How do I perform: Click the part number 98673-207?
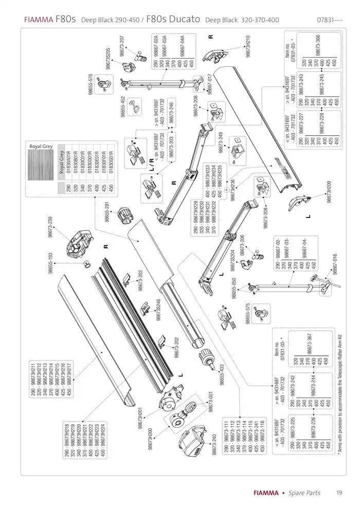tap(122, 46)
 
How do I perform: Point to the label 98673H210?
tap(249, 46)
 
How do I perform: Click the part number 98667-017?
tap(209, 84)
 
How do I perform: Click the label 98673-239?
tap(50, 227)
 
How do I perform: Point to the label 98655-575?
tap(248, 313)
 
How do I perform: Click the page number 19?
tap(340, 493)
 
